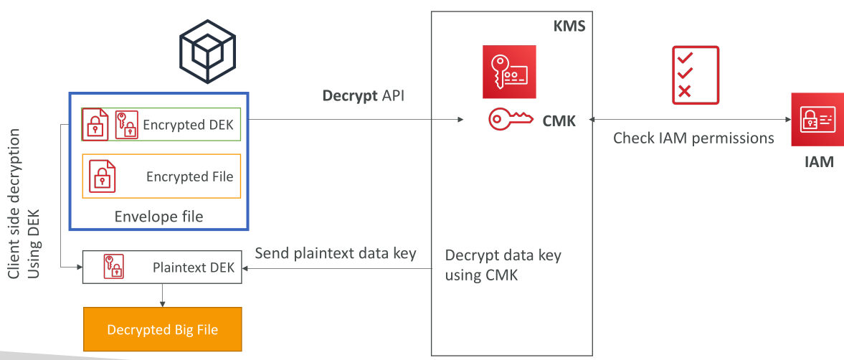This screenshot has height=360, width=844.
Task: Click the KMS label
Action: [570, 25]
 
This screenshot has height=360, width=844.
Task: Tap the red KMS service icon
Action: [509, 72]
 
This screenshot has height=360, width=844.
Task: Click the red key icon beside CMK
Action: [511, 120]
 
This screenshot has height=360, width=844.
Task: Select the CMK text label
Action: [559, 121]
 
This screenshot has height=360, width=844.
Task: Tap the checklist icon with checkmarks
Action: [696, 75]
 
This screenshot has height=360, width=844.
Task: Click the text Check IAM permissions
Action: [693, 138]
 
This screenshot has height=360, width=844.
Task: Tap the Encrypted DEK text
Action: [189, 124]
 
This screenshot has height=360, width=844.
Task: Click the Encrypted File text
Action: [190, 176]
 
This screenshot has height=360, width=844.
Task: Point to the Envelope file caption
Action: [158, 217]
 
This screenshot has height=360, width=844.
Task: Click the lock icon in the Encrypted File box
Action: [103, 176]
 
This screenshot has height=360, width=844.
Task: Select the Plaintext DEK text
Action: [194, 267]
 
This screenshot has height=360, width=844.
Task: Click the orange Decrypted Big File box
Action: [163, 328]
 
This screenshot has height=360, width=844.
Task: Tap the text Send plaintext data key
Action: [336, 253]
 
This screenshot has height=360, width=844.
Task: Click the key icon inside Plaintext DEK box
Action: [113, 267]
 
